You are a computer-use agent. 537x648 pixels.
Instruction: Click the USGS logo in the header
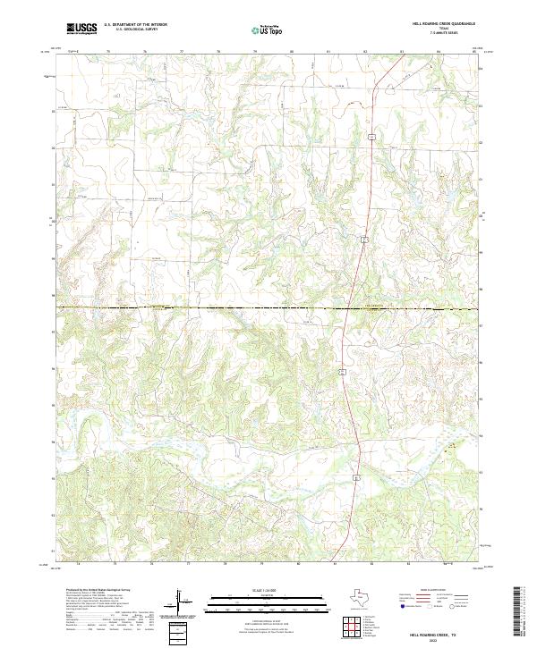81,29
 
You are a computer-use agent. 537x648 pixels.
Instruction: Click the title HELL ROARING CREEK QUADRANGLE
443,23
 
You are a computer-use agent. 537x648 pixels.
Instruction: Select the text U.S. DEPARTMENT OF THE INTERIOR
135,25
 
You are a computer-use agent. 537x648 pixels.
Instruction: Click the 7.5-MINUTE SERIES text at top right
443,34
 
